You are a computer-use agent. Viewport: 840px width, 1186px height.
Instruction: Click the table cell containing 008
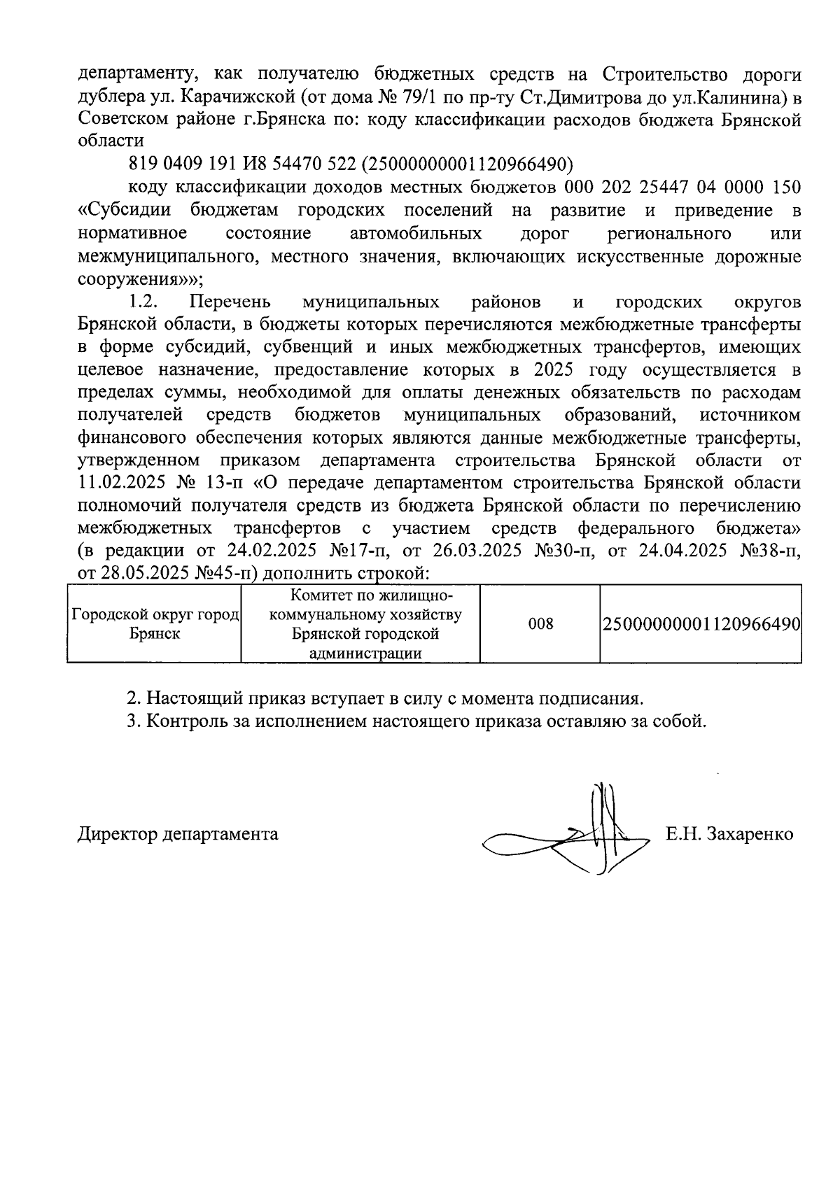point(540,623)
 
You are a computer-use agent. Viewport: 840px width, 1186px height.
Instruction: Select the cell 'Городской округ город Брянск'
point(155,623)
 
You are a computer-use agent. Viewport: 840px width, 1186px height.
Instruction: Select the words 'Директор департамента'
point(178,834)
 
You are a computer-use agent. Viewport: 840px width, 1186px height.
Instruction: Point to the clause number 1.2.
point(144,302)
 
